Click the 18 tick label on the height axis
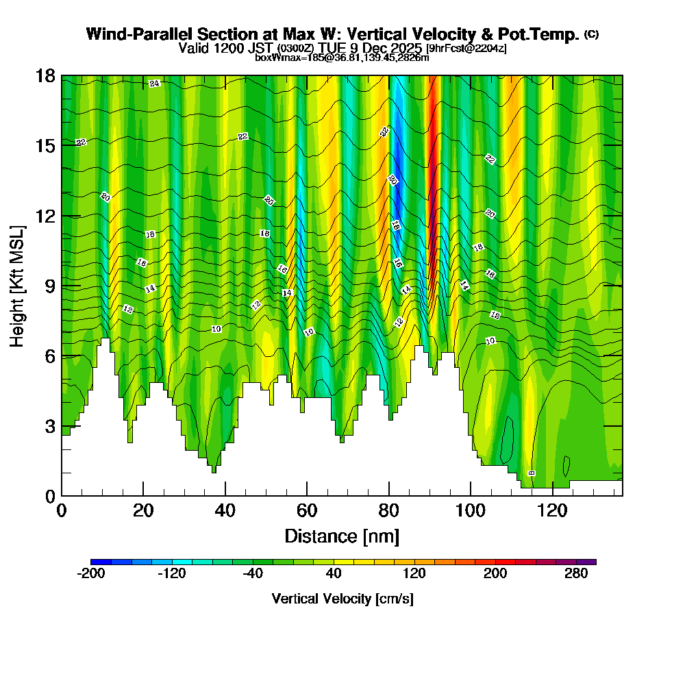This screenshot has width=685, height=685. [x=45, y=76]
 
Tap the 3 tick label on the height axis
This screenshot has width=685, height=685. [x=50, y=426]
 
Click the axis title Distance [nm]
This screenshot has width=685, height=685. [x=341, y=536]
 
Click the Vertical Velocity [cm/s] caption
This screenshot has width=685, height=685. [x=342, y=599]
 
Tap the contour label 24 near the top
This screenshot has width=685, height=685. [x=154, y=84]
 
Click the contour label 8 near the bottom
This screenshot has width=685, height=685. [x=532, y=473]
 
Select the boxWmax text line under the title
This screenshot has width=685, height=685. [x=342, y=58]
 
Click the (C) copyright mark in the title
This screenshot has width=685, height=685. [x=591, y=34]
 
